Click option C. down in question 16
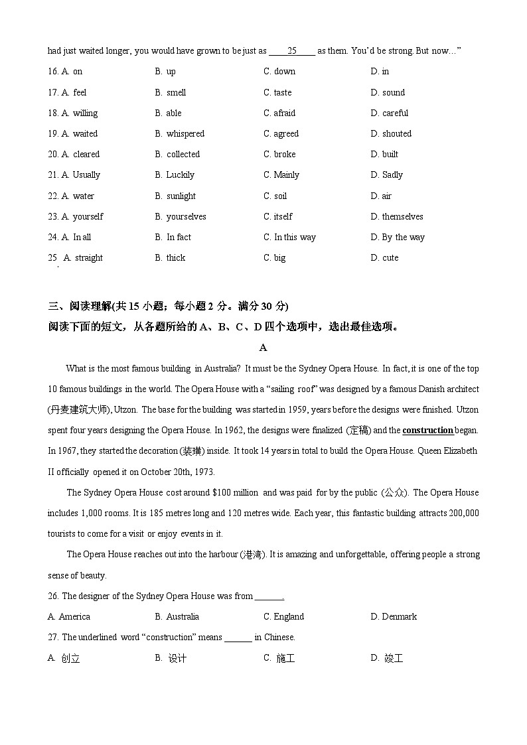coord(279,72)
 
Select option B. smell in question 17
coord(171,92)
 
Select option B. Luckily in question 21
coord(175,174)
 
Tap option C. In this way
coord(289,237)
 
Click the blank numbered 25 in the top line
coord(292,51)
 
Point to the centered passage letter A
coord(263,348)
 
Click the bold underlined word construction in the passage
coord(427,430)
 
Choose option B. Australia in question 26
coord(177,616)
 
